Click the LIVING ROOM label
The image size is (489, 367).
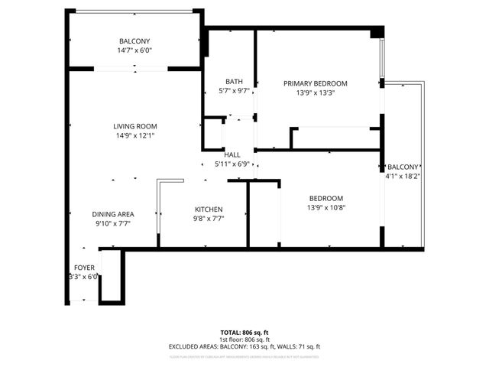[134, 126]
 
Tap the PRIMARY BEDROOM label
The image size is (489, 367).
[315, 83]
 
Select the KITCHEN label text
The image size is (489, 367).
[208, 209]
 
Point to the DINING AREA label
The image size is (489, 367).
[114, 214]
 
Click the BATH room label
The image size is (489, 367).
[233, 82]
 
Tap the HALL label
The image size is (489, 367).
[232, 154]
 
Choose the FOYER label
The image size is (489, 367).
[83, 268]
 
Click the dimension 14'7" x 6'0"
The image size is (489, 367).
[134, 50]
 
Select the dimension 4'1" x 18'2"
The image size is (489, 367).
[403, 176]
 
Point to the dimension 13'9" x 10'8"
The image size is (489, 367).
[325, 206]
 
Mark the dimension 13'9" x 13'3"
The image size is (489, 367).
[315, 93]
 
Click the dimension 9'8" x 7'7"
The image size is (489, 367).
[208, 218]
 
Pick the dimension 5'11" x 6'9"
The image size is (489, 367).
[232, 164]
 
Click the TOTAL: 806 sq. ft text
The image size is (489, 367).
[244, 333]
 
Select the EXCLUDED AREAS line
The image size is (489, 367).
[244, 346]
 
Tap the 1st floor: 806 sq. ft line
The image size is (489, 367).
[244, 339]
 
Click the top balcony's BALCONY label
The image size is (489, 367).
[134, 41]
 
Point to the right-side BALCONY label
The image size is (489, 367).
[403, 167]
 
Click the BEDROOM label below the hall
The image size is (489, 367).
[325, 197]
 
